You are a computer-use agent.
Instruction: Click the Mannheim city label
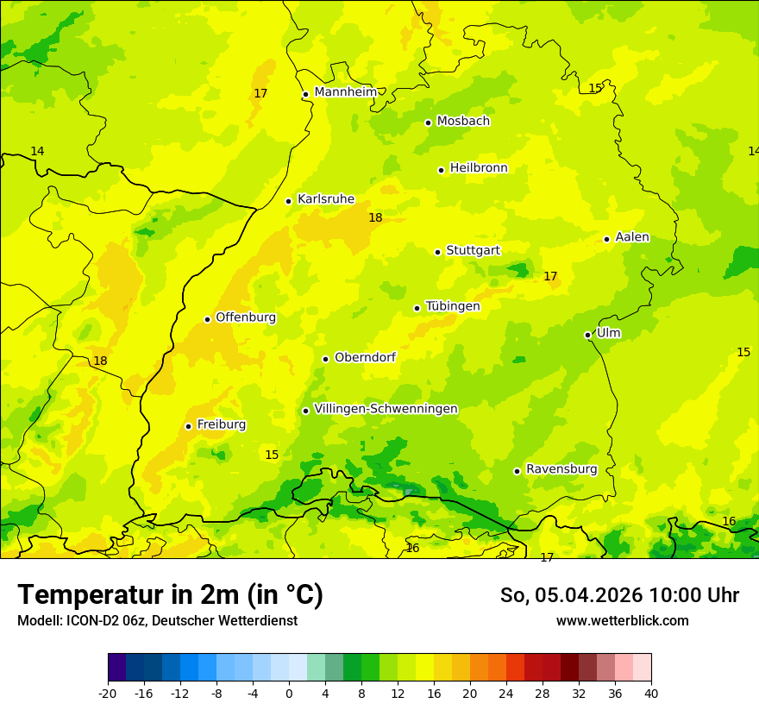[x=345, y=92]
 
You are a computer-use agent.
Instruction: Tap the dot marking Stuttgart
[x=437, y=252]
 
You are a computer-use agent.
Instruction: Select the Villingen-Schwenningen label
[x=386, y=409]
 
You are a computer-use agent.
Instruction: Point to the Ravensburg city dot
[x=517, y=471]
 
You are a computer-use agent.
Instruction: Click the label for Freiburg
[x=221, y=424]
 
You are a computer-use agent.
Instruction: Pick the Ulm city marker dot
[x=587, y=335]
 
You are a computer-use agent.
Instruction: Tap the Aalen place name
[x=631, y=237]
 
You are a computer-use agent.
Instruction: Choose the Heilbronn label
[x=479, y=168]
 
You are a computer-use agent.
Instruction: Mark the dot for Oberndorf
[x=325, y=359]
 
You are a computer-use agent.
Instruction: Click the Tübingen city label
[x=453, y=306]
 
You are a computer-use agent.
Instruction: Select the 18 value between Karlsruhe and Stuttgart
[x=375, y=218]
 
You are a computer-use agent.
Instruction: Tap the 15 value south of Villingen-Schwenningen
[x=272, y=455]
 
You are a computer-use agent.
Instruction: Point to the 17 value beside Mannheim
[x=260, y=93]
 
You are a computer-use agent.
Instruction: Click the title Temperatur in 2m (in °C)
[x=170, y=595]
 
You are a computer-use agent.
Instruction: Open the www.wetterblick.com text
[x=622, y=621]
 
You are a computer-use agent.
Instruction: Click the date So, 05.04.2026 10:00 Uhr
[x=619, y=595]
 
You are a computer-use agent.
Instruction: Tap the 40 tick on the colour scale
[x=650, y=694]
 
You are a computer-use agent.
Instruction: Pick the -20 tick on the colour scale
[x=108, y=694]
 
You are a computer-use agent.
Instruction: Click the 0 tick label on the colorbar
[x=289, y=694]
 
